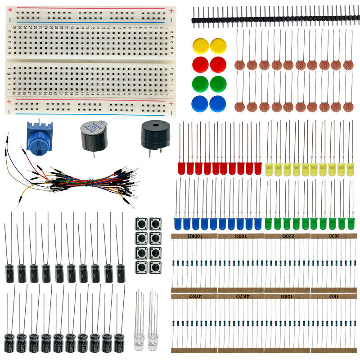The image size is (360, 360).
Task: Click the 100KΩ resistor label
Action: (195, 236)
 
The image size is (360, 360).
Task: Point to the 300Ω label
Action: (333, 236)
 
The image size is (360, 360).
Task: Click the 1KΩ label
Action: (333, 296)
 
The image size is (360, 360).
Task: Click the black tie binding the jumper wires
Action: (90, 183)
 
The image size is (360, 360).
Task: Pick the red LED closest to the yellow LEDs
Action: (258, 168)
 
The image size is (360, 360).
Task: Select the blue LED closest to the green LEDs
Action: (258, 223)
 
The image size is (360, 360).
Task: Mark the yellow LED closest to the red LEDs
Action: (270, 169)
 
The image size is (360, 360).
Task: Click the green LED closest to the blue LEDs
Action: (268, 223)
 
